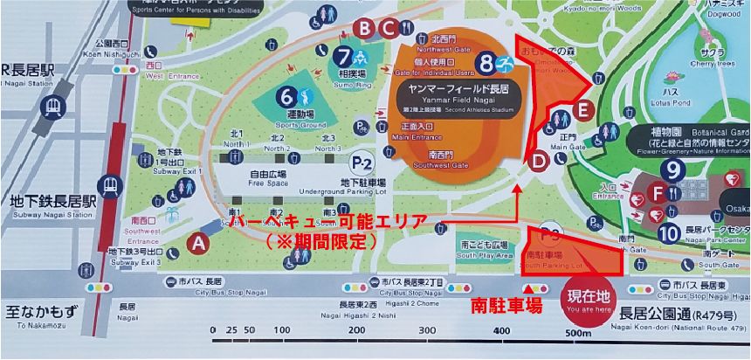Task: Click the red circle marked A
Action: [198, 244]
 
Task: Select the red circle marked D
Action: [539, 160]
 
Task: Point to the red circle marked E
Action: [584, 111]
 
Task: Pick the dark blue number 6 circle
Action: [286, 95]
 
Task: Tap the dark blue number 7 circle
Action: [342, 55]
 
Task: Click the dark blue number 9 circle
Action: [672, 170]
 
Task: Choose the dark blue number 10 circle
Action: [668, 233]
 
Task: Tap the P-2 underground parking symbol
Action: [361, 163]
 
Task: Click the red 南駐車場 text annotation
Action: [506, 306]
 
